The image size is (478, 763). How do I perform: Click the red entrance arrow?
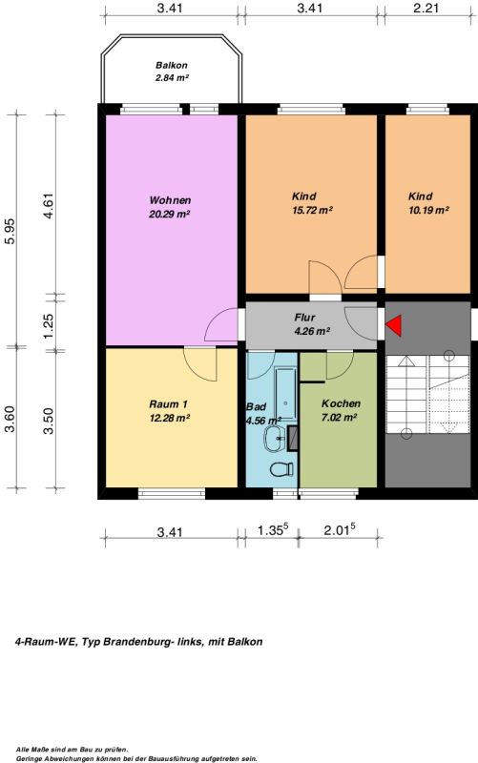(x=395, y=325)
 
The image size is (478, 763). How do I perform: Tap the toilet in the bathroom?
(x=281, y=469)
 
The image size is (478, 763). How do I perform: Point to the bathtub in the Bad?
(x=285, y=394)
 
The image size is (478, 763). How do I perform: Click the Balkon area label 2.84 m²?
(x=172, y=78)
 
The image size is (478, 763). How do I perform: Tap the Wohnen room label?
(x=170, y=200)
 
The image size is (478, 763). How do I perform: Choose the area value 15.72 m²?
(x=312, y=210)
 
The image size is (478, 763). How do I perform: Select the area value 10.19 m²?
(x=428, y=210)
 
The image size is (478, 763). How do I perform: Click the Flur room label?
(x=304, y=318)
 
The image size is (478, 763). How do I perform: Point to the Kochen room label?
(x=341, y=403)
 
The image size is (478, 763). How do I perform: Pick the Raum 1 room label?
(x=169, y=403)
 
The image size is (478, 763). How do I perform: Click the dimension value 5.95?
(x=10, y=231)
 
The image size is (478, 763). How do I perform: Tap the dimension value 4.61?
(x=49, y=206)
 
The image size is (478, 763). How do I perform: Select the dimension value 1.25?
(x=49, y=326)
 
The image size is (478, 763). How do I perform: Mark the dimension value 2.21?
(x=426, y=8)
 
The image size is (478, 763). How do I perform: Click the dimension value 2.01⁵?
(x=340, y=529)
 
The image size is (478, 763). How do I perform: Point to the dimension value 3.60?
(x=10, y=419)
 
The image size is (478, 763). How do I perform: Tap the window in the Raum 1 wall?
(x=172, y=493)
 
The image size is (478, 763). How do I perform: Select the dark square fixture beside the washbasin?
(x=293, y=438)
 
